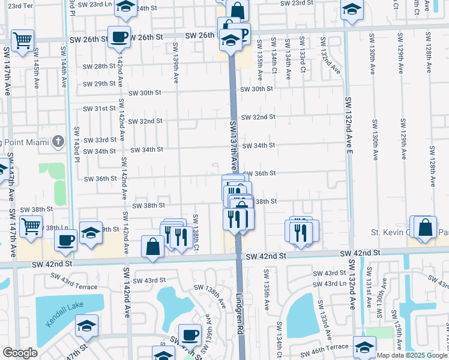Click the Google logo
click(20, 353)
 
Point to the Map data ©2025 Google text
click(412, 355)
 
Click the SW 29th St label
click(99, 84)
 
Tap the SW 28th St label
click(99, 67)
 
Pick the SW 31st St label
click(99, 109)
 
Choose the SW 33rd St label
click(99, 140)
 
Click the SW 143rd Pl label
click(77, 144)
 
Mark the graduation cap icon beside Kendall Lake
click(87, 326)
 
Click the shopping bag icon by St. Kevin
click(425, 227)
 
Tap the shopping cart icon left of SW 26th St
click(23, 41)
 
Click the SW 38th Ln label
click(56, 228)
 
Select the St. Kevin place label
click(390, 232)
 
